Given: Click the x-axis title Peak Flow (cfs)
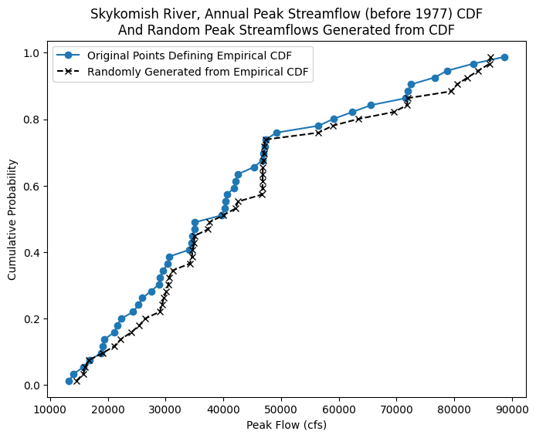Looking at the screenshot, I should tap(287, 425).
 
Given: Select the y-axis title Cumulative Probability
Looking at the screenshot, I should tap(12, 220).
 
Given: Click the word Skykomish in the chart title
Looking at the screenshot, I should tap(123, 15).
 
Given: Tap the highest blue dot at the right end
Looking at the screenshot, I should tap(504, 57).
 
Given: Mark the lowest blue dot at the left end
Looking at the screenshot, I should tap(69, 381).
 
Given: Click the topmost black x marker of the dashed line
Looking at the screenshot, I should tap(490, 57).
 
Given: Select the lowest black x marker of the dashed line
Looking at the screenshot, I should tap(76, 381).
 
